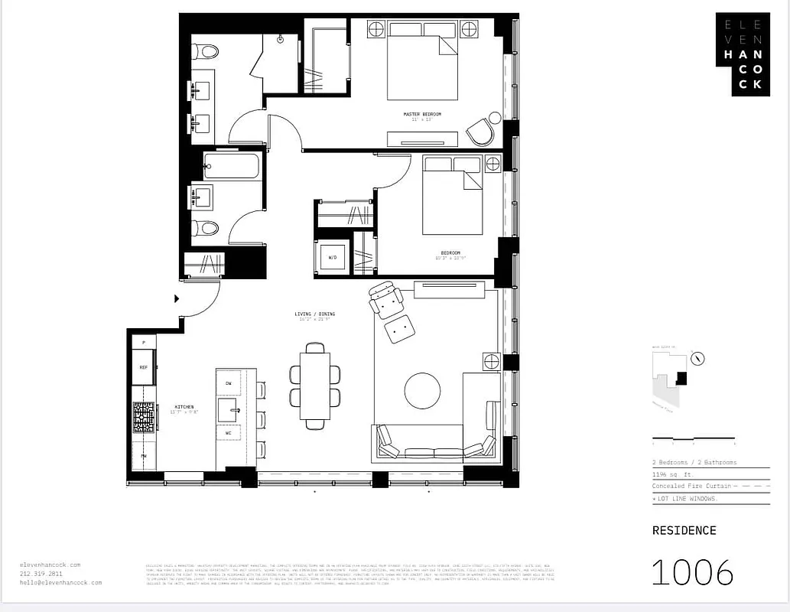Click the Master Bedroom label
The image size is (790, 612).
422,115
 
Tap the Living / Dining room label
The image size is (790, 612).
315,314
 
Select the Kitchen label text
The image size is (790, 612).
184,407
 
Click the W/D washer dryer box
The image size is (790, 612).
333,257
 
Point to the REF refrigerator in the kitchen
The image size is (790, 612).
143,368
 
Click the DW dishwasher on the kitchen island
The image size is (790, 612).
228,382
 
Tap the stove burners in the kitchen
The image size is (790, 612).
144,418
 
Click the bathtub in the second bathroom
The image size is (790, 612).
232,166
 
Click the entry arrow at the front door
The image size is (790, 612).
177,299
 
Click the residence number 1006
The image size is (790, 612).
692,572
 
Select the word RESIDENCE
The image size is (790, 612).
684,530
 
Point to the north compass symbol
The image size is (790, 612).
697,359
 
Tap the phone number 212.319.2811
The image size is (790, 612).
41,574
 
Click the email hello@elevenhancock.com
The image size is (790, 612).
60,582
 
